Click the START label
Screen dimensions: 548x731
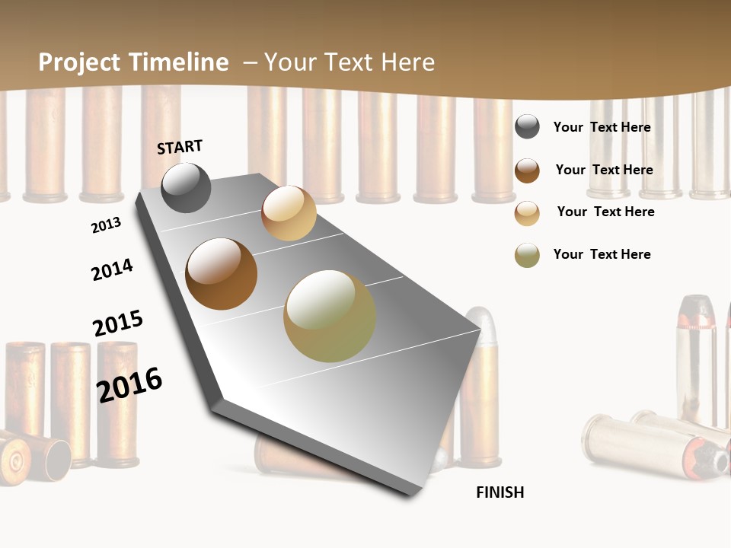[x=180, y=146]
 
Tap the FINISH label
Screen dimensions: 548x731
[x=500, y=492]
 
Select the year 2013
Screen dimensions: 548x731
[x=106, y=225]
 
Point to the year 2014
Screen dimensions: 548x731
[x=112, y=269]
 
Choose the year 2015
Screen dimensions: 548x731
[x=118, y=323]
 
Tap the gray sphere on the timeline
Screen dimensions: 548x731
[x=186, y=187]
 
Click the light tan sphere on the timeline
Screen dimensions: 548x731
[x=289, y=213]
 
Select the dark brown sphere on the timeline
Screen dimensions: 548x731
[x=222, y=274]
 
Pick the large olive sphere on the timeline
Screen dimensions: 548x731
[x=330, y=316]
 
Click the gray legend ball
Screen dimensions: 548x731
[x=527, y=127]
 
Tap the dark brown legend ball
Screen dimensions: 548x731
[x=527, y=170]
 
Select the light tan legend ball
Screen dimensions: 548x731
[x=527, y=213]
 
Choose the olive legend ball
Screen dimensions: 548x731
[x=527, y=255]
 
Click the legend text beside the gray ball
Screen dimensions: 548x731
[x=602, y=127]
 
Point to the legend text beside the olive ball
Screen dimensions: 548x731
[x=602, y=254]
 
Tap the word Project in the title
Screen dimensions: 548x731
[x=80, y=62]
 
